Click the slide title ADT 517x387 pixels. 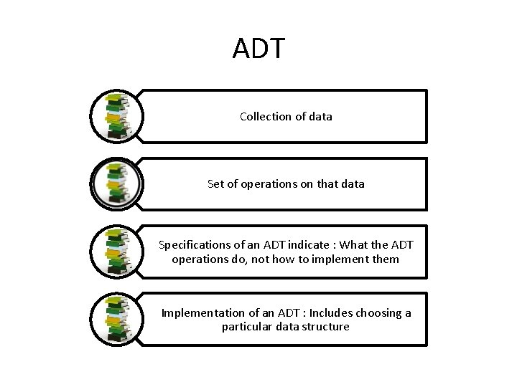click(258, 49)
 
